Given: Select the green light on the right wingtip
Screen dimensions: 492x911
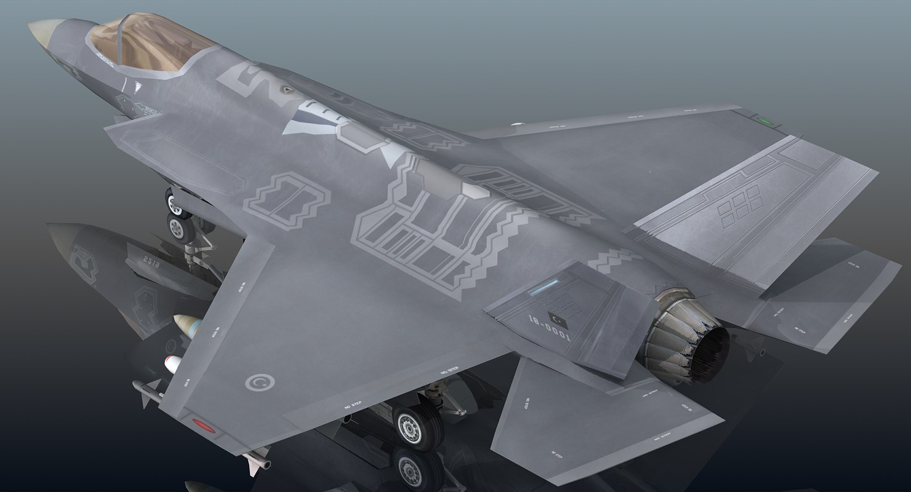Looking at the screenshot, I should [x=766, y=121].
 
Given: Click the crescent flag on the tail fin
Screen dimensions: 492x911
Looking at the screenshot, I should [x=561, y=320].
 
